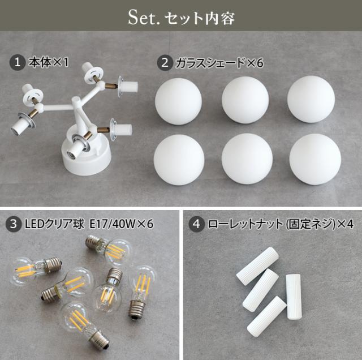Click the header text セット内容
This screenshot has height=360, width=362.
[199, 18]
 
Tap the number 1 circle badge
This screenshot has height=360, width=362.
[17, 62]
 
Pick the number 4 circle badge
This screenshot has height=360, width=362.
[197, 224]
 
